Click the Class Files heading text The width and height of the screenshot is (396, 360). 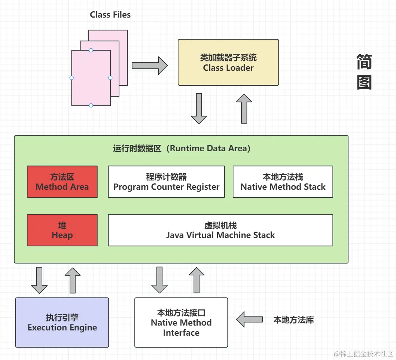click(x=110, y=15)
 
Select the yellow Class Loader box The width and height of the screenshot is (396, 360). click(x=228, y=62)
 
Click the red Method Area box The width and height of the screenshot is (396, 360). click(x=62, y=182)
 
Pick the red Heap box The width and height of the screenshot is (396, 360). click(x=62, y=230)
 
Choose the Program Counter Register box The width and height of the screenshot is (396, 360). click(x=167, y=182)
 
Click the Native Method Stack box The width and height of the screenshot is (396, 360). click(x=283, y=182)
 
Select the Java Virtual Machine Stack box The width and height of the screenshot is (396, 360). click(x=220, y=230)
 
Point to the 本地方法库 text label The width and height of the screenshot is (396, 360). click(x=293, y=320)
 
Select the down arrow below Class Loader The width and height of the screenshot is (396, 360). click(x=199, y=109)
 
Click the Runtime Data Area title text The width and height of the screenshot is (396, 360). click(x=182, y=149)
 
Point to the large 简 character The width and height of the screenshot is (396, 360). click(x=364, y=62)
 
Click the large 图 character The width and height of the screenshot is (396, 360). click(x=364, y=82)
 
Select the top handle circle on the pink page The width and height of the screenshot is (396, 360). click(x=91, y=50)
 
